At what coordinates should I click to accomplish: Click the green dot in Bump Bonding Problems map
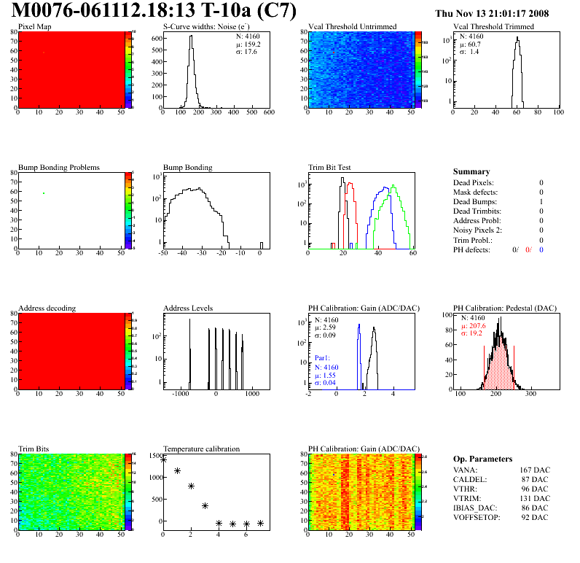[44, 193]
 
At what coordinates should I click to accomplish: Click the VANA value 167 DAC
[534, 470]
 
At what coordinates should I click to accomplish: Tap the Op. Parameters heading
[482, 459]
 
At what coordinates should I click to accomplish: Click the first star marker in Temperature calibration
[163, 459]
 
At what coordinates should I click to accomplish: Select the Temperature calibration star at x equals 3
[205, 505]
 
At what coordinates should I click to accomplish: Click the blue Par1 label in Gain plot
[322, 358]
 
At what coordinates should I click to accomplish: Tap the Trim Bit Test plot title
[330, 167]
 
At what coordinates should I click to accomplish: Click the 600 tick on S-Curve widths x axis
[268, 113]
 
